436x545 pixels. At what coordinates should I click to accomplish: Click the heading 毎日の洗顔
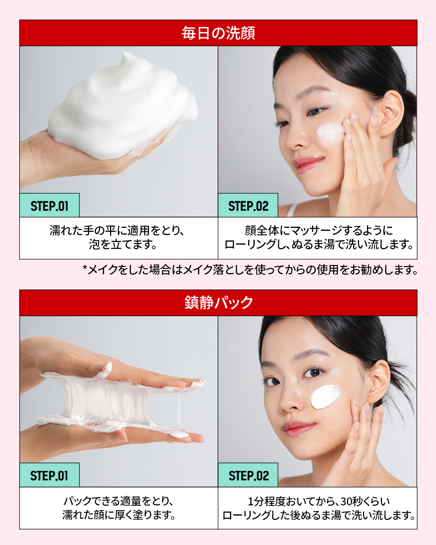[x=218, y=33]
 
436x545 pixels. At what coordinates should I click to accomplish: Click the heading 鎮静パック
[x=218, y=303]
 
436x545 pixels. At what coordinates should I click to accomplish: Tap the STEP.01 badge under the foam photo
[x=49, y=206]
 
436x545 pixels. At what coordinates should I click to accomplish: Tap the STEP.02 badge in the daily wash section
[x=248, y=206]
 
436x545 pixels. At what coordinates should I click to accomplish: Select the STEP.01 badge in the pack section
[x=49, y=475]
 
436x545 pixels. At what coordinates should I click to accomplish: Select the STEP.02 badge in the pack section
[x=249, y=475]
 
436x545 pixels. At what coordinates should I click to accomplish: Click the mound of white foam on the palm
[x=124, y=105]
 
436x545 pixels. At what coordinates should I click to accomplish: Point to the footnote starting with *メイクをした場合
[x=250, y=270]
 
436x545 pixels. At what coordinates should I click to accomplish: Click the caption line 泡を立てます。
[x=123, y=245]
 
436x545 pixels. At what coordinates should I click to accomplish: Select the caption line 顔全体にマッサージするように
[x=318, y=231]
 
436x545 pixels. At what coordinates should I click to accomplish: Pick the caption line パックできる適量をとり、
[x=118, y=501]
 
